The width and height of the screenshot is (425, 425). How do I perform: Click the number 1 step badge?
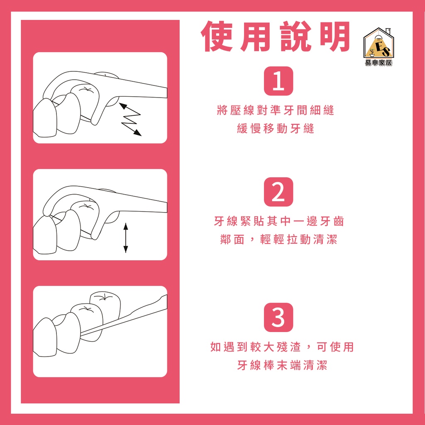coord(278,81)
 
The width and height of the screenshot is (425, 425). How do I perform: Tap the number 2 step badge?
coord(278,192)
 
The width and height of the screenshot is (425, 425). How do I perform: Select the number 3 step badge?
coord(278,318)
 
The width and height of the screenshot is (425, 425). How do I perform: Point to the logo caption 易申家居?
coord(379,63)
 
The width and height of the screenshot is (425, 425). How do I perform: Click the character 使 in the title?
coord(217,37)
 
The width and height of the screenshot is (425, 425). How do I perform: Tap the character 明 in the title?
coord(335,37)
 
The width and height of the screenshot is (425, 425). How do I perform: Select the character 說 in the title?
coord(296,37)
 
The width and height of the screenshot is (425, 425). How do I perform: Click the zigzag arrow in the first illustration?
coord(130,119)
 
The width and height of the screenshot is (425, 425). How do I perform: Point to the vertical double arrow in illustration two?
coord(125,238)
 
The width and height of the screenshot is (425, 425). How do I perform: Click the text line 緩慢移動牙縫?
coord(276,129)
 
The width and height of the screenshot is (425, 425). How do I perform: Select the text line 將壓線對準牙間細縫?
coord(276,110)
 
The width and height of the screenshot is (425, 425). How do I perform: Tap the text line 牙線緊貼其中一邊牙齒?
coord(279,222)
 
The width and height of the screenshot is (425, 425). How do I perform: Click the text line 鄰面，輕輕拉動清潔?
coord(279,239)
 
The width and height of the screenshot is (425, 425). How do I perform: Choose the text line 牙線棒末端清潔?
coord(282,365)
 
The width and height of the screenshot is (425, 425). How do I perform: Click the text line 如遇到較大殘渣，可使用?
coord(282,347)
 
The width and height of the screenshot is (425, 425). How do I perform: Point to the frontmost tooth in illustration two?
coord(45,235)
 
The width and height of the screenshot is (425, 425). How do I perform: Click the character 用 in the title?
coord(256,37)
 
